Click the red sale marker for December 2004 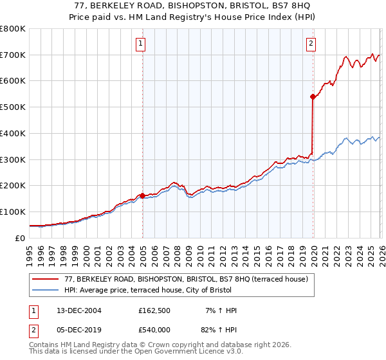142,195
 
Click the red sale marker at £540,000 313,96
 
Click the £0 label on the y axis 21,238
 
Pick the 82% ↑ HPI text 219,330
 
